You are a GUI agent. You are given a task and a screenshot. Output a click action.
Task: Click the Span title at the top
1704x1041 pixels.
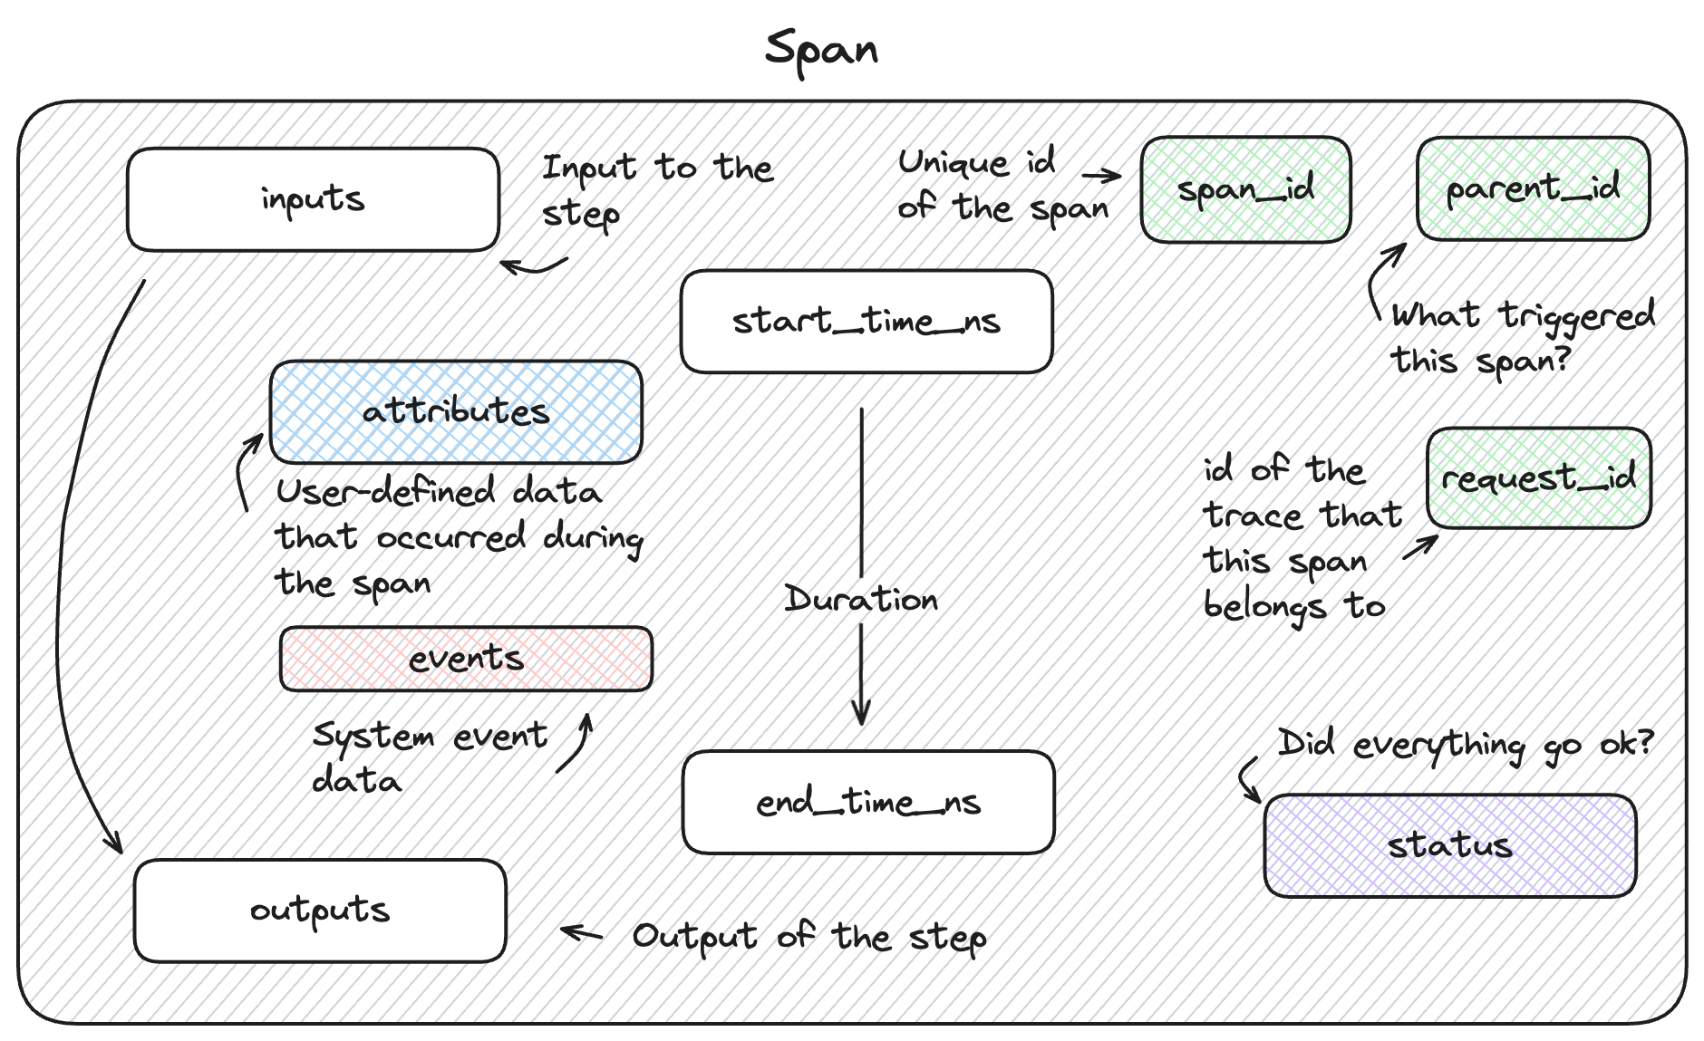(x=821, y=49)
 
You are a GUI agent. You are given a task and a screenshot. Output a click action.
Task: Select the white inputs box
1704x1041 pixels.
(x=314, y=199)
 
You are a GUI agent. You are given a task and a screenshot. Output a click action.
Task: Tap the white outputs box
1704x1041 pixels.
(x=320, y=911)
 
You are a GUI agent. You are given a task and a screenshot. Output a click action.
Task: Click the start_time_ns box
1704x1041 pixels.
(x=867, y=322)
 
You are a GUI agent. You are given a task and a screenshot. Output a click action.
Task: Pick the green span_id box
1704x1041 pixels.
(x=1246, y=190)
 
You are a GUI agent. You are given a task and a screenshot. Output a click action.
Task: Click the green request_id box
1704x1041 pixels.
(x=1539, y=477)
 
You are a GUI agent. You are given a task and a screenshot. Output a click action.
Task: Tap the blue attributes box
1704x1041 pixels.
(x=457, y=412)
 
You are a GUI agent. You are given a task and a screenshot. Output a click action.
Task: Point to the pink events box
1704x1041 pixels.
(x=467, y=659)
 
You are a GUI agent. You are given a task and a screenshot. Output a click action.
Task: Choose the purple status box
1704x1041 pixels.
(x=1449, y=846)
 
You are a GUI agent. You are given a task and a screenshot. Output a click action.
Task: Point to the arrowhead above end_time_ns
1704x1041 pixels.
(x=861, y=716)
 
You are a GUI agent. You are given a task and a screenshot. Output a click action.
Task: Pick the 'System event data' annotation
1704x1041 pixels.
(x=431, y=757)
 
